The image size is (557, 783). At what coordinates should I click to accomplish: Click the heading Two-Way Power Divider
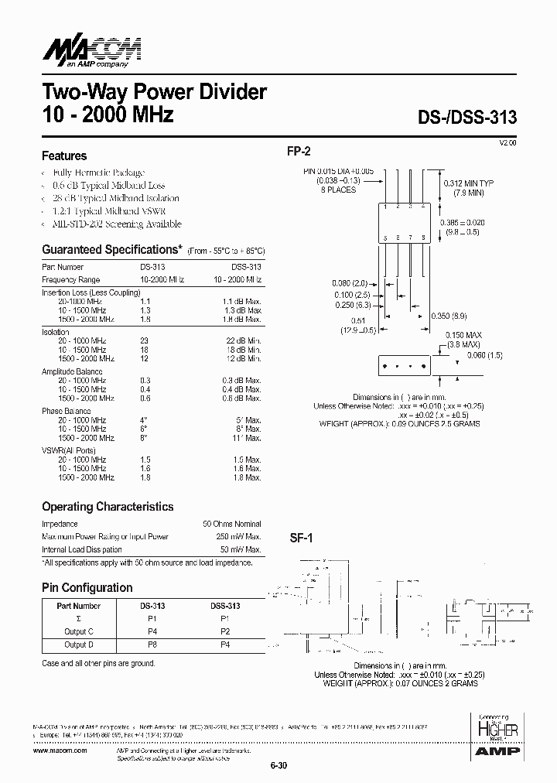coord(154,92)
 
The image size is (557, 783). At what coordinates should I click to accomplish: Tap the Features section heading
coord(63,156)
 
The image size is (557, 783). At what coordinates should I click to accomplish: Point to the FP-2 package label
coord(299,152)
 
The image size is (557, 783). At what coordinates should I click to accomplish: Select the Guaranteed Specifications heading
coord(111,250)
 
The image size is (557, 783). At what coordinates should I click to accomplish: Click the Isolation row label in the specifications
coord(56,332)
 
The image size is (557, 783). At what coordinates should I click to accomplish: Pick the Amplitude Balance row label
coord(72,371)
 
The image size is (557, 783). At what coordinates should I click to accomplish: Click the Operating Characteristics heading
coord(108,507)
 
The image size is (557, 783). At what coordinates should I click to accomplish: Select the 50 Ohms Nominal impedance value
coord(232,524)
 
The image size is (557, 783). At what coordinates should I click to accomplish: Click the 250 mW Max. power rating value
coord(237,536)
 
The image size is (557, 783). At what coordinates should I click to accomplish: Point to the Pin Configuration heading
coord(87,588)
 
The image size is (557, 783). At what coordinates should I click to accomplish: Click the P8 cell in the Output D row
coord(152,645)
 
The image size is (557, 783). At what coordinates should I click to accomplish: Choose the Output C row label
coord(78,631)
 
